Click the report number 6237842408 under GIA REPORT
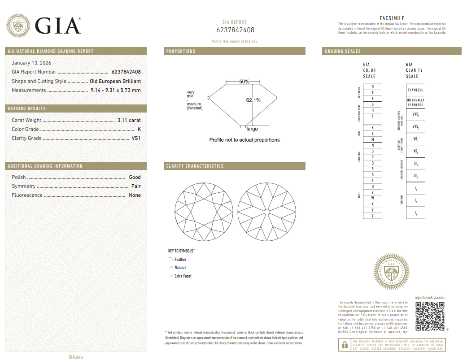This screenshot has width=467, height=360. click(235, 30)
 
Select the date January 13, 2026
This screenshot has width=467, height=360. click(31, 63)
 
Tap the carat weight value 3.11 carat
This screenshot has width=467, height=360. click(129, 120)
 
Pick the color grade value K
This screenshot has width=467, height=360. click(139, 129)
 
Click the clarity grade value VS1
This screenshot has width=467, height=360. click(136, 138)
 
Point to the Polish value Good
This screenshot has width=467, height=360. click(135, 177)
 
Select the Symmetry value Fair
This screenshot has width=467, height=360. click(136, 186)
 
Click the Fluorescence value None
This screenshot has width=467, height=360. click(135, 195)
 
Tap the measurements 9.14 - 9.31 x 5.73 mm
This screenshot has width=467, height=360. click(113, 90)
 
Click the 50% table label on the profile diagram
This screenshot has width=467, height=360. click(244, 82)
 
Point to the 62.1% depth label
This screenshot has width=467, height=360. click(253, 100)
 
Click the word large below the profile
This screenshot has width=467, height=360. click(252, 129)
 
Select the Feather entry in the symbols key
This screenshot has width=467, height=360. click(180, 260)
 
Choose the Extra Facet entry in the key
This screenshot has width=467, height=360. click(183, 276)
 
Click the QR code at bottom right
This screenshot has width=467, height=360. click(429, 317)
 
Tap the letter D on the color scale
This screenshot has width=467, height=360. click(373, 87)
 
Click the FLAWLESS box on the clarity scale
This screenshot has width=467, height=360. click(415, 90)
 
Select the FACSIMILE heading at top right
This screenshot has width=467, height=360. click(392, 18)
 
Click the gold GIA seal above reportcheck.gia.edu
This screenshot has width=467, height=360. click(392, 272)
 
